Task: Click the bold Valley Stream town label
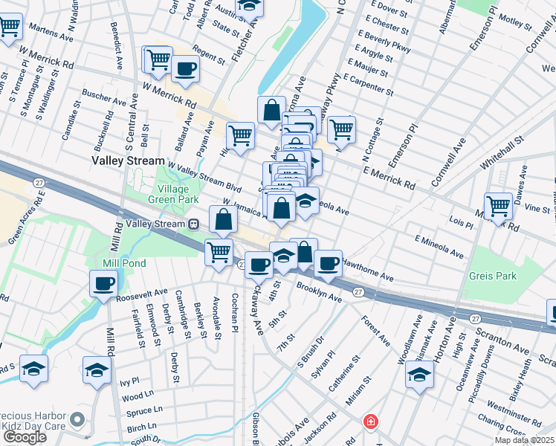pyautogui.click(x=128, y=161)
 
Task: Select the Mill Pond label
pyautogui.click(x=125, y=263)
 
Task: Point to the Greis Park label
pyautogui.click(x=492, y=276)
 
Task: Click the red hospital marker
pyautogui.click(x=369, y=422)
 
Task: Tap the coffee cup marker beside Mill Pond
pyautogui.click(x=103, y=283)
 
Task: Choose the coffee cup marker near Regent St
pyautogui.click(x=184, y=70)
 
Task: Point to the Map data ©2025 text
pyautogui.click(x=525, y=440)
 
